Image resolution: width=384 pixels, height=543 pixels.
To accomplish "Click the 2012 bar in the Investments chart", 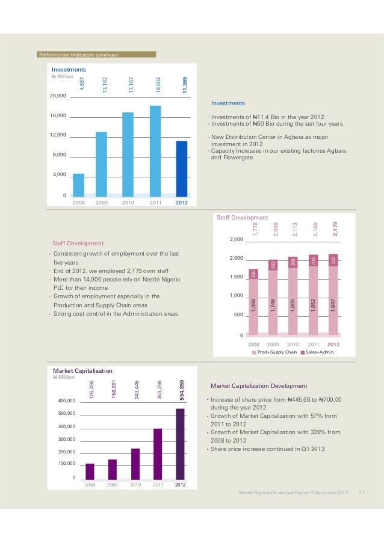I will (x=181, y=168).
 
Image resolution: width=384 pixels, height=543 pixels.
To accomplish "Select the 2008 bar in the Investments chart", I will (x=78, y=184).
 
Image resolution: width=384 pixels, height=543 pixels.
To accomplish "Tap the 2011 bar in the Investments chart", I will (x=155, y=150).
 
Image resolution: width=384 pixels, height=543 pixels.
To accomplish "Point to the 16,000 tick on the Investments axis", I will (x=58, y=115).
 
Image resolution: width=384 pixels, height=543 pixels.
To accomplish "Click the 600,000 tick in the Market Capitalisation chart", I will (x=67, y=400).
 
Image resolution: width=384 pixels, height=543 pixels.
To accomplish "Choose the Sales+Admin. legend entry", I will (x=319, y=352).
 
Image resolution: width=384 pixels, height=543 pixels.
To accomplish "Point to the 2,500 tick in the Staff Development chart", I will (x=236, y=240).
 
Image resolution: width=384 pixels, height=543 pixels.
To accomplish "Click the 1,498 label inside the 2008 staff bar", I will (x=253, y=306).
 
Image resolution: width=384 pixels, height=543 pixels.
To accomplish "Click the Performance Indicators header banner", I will (x=96, y=55).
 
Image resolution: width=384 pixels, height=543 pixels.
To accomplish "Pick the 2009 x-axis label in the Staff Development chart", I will (x=273, y=345).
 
